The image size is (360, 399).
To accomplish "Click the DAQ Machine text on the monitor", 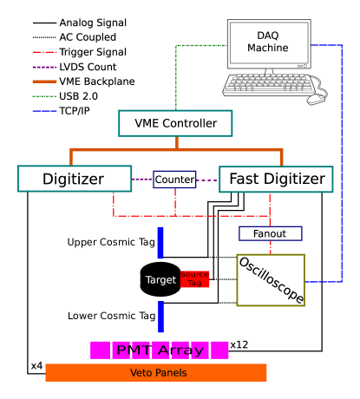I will (268, 42).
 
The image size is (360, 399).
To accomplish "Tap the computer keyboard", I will (268, 85).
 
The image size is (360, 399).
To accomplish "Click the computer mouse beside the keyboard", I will (316, 99).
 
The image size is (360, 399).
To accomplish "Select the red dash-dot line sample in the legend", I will (45, 52).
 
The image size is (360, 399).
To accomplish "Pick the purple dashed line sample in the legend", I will (45, 67).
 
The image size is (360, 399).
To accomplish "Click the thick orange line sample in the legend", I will (45, 82).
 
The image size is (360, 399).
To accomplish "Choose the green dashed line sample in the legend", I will (45, 96).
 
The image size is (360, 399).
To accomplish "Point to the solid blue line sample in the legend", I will (45, 111).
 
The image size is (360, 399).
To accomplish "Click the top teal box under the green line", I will (175, 123).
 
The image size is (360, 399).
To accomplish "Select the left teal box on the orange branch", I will (75, 179).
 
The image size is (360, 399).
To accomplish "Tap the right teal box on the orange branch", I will (276, 180).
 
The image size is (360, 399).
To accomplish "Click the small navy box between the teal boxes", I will (175, 180).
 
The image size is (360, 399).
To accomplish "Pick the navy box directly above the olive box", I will (271, 233).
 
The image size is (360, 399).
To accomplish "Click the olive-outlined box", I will (271, 280).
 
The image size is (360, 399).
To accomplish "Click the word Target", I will (160, 280).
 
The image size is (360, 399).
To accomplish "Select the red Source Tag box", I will (195, 279).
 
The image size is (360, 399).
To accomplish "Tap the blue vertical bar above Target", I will (160, 243).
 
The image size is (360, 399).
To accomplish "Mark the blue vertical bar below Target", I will (160, 317).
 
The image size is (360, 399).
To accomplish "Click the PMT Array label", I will (160, 350).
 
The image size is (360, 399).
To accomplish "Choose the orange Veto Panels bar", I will (156, 373).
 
